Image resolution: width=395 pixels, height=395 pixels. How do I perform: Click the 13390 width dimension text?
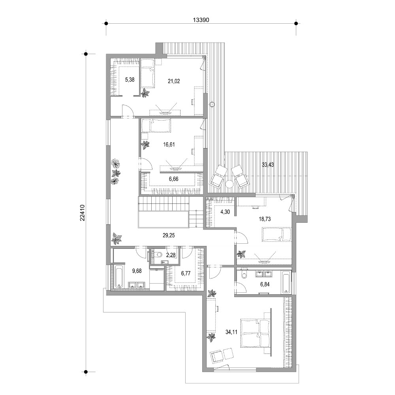201,20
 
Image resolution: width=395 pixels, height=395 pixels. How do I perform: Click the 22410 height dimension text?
83,213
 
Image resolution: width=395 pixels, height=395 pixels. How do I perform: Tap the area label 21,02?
174,81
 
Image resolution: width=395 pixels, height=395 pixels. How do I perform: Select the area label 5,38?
130,80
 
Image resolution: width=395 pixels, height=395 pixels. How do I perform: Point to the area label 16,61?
169,145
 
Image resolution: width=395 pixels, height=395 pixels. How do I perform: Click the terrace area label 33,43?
268,165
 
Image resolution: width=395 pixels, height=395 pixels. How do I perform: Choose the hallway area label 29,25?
169,235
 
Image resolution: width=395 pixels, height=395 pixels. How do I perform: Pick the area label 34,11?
231,332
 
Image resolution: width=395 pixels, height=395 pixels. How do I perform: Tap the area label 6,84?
265,284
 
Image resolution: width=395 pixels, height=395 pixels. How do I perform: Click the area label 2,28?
171,255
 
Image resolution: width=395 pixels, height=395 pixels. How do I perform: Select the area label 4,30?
225,212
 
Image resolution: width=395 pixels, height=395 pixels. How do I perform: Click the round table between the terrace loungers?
229,184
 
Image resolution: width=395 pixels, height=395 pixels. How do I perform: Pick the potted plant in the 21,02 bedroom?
145,93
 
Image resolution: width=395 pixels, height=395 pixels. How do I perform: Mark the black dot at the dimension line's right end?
296,23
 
